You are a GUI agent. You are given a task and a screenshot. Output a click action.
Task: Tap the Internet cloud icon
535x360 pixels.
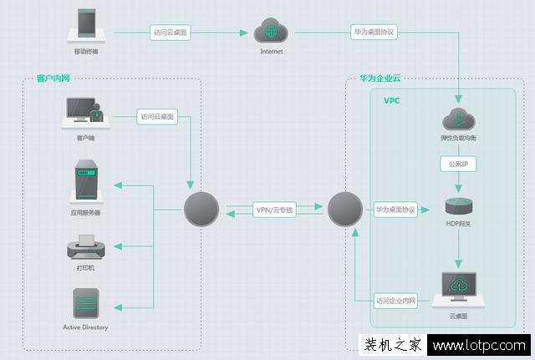(x=271, y=32)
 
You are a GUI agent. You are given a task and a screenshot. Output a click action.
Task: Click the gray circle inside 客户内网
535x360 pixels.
(x=201, y=209)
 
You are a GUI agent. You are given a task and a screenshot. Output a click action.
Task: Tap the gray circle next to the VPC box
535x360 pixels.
(x=344, y=209)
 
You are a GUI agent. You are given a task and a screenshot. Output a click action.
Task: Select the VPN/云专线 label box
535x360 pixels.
(x=274, y=210)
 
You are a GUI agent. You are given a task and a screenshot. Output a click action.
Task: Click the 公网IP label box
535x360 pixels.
(x=457, y=165)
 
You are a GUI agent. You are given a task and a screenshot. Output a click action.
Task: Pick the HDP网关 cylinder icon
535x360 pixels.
(x=458, y=209)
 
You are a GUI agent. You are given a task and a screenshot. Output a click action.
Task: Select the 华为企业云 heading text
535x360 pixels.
(x=380, y=79)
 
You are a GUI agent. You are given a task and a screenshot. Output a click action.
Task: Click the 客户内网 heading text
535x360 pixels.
(x=53, y=79)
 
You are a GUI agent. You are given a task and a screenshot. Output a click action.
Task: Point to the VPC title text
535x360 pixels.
(x=392, y=100)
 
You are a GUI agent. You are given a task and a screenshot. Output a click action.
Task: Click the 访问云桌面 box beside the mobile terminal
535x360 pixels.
(x=171, y=33)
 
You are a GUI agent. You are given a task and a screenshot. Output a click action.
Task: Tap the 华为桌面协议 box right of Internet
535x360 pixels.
(x=374, y=33)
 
